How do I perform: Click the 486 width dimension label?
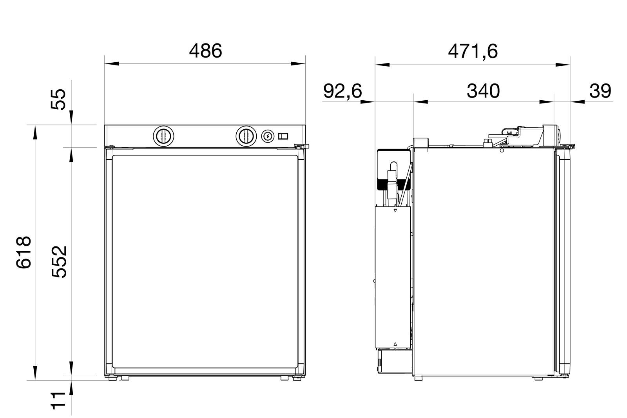pyautogui.click(x=205, y=51)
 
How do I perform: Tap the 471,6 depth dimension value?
pyautogui.click(x=473, y=52)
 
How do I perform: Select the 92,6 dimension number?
pyautogui.click(x=342, y=91)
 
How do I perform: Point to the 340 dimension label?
pyautogui.click(x=483, y=91)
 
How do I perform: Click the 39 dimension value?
pyautogui.click(x=600, y=91)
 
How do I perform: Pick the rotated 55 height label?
pyautogui.click(x=58, y=100)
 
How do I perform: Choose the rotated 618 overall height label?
pyautogui.click(x=24, y=253)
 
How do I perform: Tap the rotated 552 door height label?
pyautogui.click(x=59, y=262)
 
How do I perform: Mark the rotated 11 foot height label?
pyautogui.click(x=58, y=401)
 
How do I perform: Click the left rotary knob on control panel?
pyautogui.click(x=163, y=136)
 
